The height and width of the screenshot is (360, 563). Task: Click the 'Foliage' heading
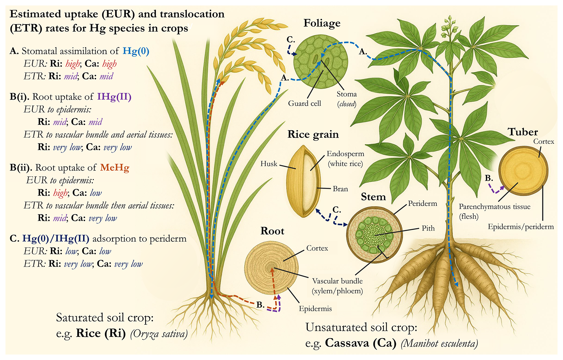coord(322,23)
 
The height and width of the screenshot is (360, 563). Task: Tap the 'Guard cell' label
coord(304,103)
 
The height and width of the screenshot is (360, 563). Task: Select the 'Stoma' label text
coord(347,94)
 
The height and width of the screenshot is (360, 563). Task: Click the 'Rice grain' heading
coord(313,134)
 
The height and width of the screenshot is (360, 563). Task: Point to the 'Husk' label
coord(269,164)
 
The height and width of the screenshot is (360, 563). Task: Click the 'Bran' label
coord(340,189)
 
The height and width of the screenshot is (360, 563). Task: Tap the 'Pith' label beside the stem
coord(428,228)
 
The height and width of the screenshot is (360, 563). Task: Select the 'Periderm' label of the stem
coord(422,203)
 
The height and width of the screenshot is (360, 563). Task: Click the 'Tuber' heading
coord(523,132)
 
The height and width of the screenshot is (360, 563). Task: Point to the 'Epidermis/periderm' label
coord(521,227)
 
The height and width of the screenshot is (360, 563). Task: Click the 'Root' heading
coord(272,231)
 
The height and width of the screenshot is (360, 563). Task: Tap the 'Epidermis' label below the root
coord(315,309)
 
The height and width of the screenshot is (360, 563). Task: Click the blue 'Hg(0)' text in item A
coord(136,51)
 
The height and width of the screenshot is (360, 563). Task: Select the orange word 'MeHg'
coord(114,167)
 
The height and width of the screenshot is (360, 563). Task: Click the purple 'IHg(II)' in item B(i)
coord(114,97)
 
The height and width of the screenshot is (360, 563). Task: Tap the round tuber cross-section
coord(523,171)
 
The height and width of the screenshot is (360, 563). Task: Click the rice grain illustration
coord(303,181)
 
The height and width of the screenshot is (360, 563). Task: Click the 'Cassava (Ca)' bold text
coord(360,343)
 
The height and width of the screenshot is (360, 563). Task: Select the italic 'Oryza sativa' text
coord(159,334)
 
